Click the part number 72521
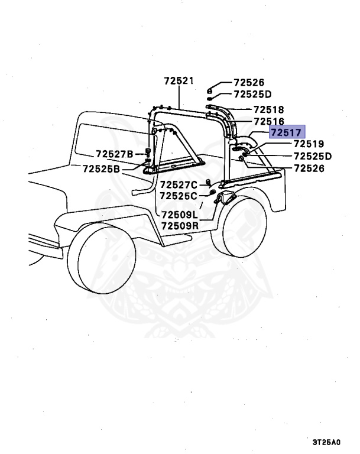click(x=179, y=81)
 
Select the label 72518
click(x=268, y=110)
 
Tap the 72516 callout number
click(x=268, y=121)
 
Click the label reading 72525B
click(x=102, y=169)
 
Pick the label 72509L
click(x=180, y=214)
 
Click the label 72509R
click(x=180, y=225)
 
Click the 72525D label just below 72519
click(x=313, y=156)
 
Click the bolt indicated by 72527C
click(x=209, y=182)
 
